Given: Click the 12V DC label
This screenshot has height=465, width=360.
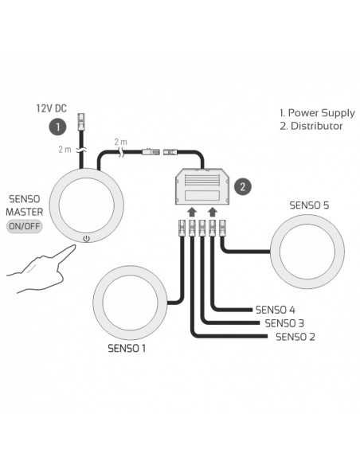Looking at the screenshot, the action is [51, 108].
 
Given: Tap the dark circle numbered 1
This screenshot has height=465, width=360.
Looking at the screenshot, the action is [57, 127].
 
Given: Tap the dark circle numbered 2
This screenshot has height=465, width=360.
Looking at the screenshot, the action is [243, 187].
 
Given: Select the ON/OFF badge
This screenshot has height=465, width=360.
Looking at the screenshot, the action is [25, 227].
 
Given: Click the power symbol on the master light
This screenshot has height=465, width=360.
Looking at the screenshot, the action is [86, 238].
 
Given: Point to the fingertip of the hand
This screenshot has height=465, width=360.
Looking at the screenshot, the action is [73, 247].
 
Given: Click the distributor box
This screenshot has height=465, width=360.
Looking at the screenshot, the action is [202, 186].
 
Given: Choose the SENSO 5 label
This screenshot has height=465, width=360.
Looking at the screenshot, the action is [309, 205].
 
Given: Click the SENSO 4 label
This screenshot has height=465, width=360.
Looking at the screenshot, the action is [276, 310].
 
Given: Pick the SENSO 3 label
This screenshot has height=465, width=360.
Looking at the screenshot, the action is [284, 323].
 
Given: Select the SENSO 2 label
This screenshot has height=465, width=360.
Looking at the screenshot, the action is [295, 337].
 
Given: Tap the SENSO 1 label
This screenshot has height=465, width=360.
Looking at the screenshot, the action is [127, 348].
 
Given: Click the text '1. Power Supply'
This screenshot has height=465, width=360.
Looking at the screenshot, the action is [317, 113].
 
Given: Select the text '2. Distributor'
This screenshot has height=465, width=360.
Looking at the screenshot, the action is [311, 126].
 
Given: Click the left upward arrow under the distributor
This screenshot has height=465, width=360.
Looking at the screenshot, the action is [192, 212].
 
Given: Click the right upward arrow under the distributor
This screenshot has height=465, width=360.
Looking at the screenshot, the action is [213, 212].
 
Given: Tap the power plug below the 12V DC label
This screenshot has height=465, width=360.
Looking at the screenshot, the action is [80, 122].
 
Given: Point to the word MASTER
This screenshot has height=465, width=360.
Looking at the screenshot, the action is [25, 212].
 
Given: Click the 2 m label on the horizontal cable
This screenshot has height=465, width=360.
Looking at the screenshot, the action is [120, 142].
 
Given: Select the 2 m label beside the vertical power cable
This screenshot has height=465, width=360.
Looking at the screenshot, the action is [65, 149].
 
